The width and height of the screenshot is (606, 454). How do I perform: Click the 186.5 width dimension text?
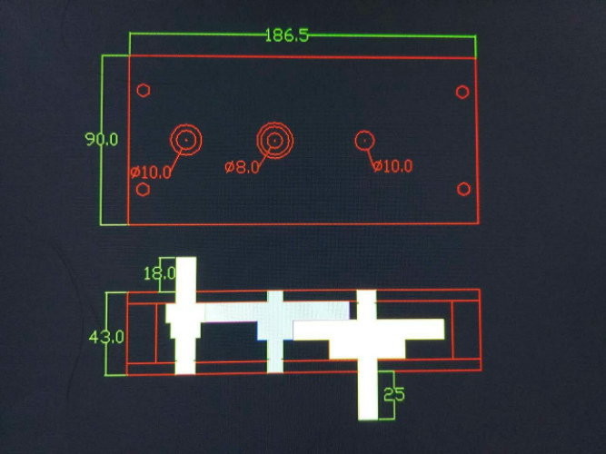(x=287, y=36)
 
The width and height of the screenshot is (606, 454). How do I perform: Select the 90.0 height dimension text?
(x=102, y=140)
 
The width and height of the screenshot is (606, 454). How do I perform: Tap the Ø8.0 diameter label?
(x=243, y=167)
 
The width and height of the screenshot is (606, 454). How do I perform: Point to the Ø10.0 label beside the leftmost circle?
(x=150, y=171)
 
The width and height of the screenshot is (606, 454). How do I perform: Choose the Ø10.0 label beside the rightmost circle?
(x=392, y=166)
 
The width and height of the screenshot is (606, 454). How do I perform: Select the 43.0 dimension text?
(x=105, y=337)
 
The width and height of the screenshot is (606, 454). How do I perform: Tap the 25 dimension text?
(x=393, y=395)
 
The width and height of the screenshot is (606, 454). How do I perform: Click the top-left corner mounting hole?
(x=143, y=91)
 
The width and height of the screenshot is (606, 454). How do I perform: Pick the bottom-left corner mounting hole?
(x=143, y=190)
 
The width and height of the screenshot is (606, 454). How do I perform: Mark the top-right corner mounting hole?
(x=462, y=92)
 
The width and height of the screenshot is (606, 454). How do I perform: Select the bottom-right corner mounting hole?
(x=463, y=189)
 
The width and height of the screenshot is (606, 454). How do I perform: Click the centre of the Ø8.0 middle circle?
(x=274, y=140)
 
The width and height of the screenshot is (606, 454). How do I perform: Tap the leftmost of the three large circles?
(x=186, y=140)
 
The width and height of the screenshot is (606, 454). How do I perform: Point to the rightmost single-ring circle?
(x=364, y=140)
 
